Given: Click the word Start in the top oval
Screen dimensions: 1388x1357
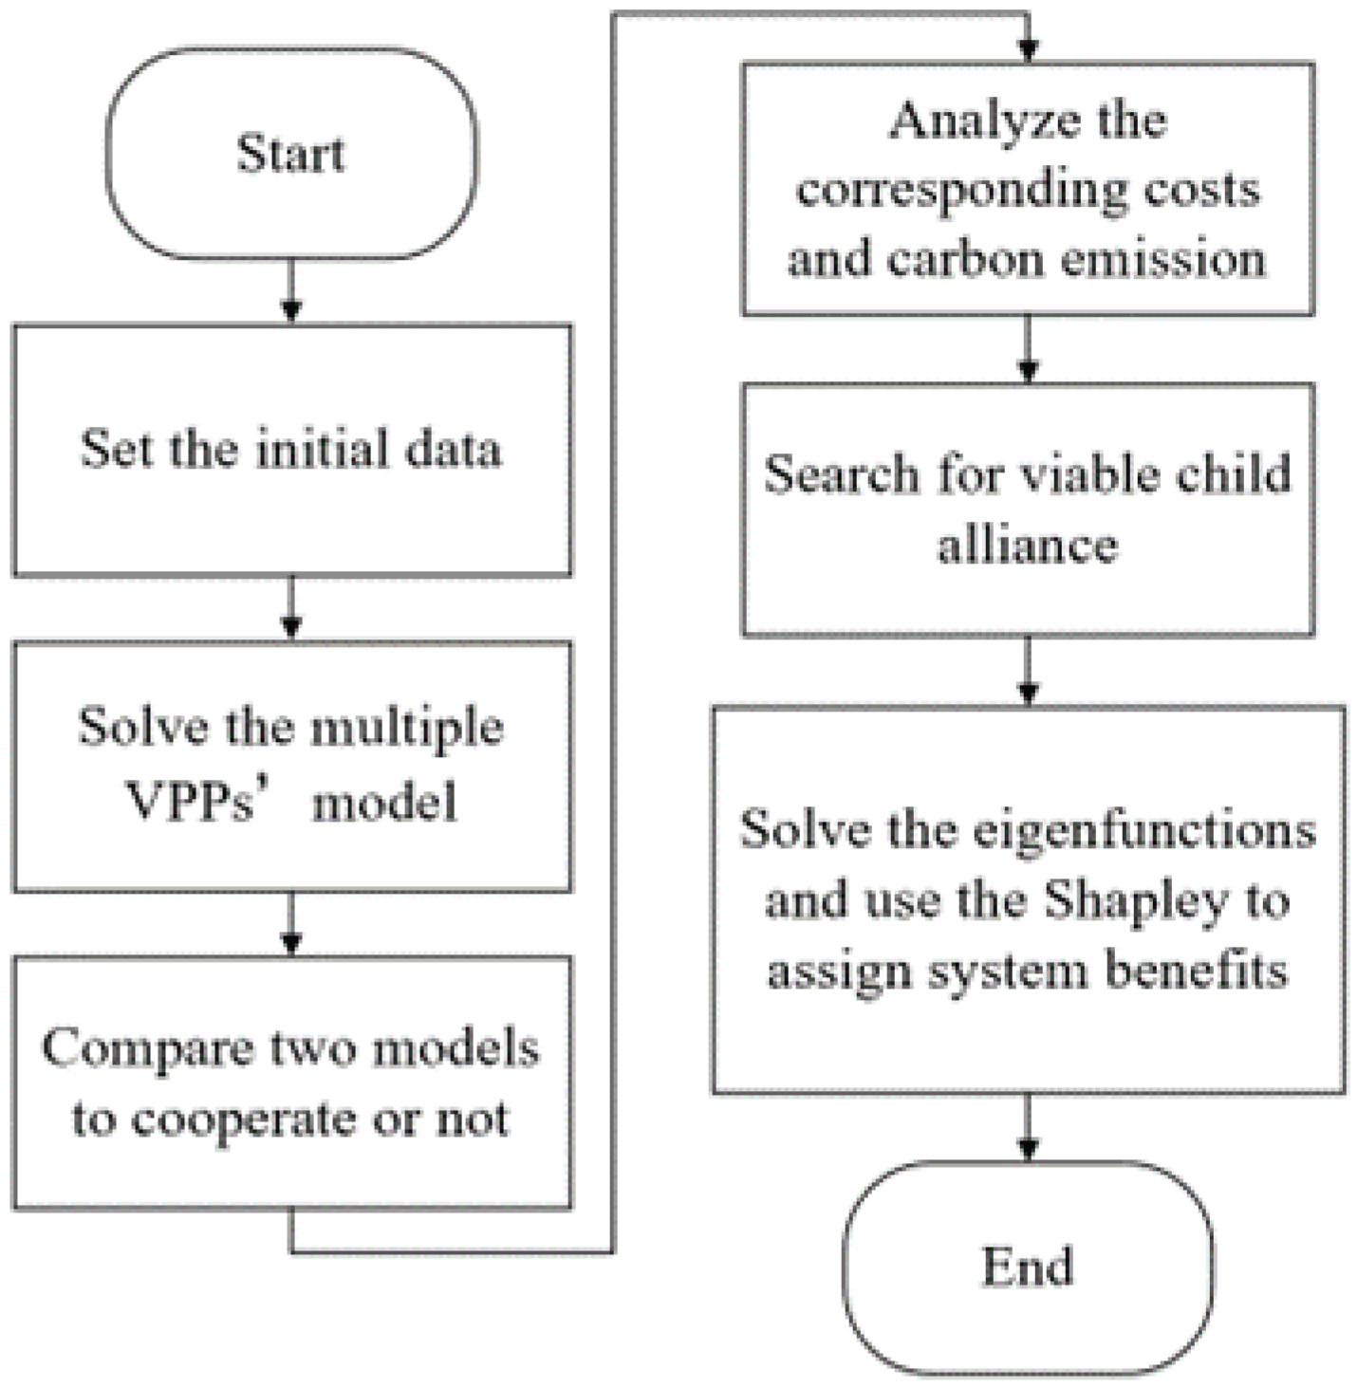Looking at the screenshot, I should (290, 154).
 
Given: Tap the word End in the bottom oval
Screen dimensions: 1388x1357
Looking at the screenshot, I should (1028, 1266).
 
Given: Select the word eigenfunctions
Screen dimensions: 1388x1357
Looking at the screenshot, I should (1144, 831).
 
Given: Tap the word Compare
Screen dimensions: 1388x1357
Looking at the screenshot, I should (147, 1049).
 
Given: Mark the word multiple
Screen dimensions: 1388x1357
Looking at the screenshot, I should (407, 730).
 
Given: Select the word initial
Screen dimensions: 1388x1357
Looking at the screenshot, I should (322, 448).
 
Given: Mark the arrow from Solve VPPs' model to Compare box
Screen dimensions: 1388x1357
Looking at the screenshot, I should (291, 924).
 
